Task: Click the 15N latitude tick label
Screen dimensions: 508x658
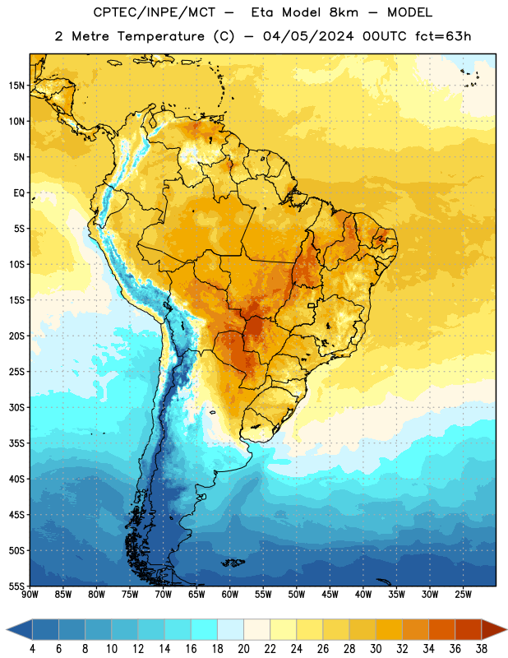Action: coord(16,86)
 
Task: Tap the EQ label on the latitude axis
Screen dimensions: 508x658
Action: coord(19,193)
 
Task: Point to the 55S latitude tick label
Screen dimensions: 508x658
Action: coord(16,586)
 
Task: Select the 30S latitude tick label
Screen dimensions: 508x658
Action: coord(16,407)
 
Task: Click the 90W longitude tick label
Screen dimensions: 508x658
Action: coord(30,595)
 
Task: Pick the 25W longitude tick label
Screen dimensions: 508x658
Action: coord(463,595)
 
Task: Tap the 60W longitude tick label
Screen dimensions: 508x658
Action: coord(230,595)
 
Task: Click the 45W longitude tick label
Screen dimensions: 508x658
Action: coord(330,595)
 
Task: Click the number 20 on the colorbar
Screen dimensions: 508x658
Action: coord(243,649)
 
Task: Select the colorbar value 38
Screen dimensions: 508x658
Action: coord(481,649)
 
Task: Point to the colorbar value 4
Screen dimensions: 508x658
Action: coord(32,649)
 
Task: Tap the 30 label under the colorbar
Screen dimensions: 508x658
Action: coord(376,649)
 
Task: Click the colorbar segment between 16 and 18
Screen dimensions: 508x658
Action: coord(205,629)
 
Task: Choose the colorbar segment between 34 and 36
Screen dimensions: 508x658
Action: coord(441,629)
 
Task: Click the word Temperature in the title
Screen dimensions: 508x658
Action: coord(160,36)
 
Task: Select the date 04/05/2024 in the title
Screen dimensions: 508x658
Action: coord(308,36)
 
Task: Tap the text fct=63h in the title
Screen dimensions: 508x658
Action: coord(443,36)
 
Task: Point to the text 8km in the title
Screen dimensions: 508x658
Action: coord(344,12)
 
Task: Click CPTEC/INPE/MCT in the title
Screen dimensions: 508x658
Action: coord(154,12)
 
